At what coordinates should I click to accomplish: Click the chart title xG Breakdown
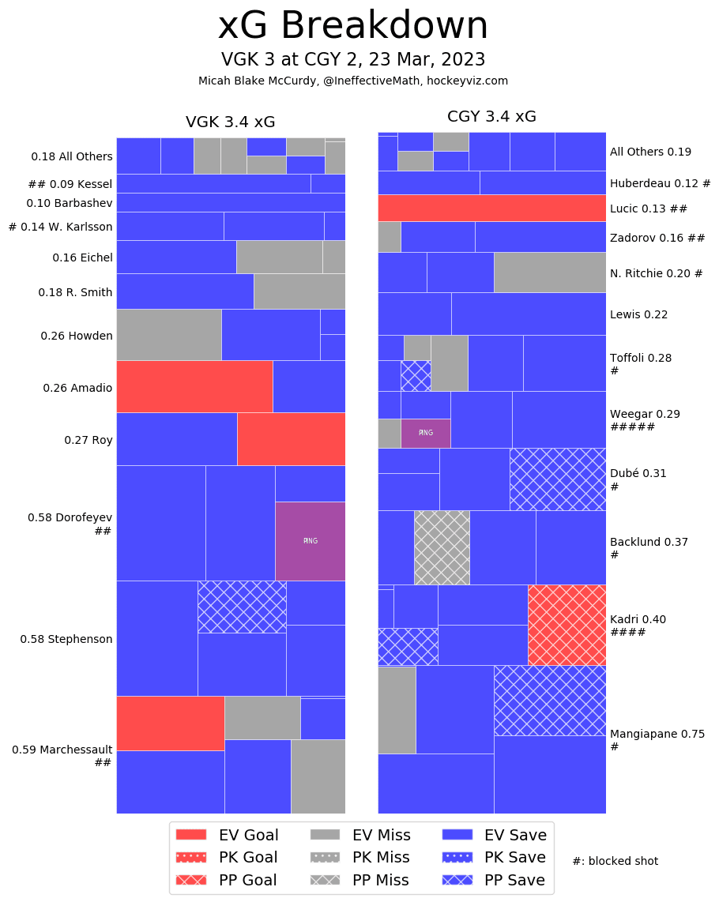point(353,27)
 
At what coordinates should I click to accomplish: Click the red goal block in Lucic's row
point(491,208)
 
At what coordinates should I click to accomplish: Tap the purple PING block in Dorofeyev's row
point(310,541)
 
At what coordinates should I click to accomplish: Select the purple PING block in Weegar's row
point(425,433)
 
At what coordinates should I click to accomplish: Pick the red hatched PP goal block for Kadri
point(567,625)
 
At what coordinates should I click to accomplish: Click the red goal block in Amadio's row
point(194,386)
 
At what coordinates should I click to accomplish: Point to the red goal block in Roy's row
point(291,438)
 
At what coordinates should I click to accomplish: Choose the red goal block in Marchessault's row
point(170,723)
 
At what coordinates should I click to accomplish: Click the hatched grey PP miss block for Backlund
point(442,547)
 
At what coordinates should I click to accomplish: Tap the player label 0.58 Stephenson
point(66,639)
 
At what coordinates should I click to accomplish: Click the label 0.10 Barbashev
point(70,203)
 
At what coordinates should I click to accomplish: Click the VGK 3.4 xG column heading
point(230,122)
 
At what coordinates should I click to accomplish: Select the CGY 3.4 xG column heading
point(491,117)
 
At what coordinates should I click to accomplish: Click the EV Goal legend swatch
point(190,834)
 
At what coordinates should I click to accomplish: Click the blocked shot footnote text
point(615,861)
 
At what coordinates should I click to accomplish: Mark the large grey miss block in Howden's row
point(168,334)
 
